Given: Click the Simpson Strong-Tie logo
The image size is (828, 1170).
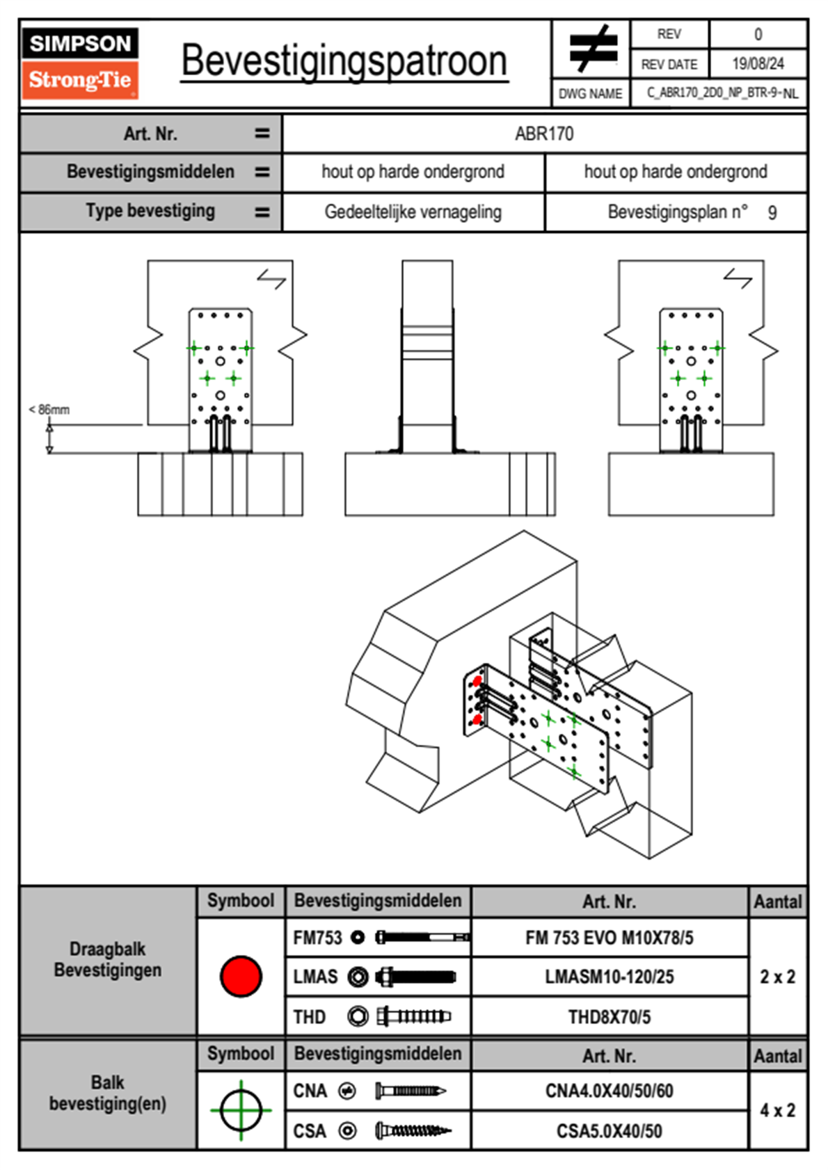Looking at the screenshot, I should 80,63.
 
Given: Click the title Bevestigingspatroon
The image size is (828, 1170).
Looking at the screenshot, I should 344,61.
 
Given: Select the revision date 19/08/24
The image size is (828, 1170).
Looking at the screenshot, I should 758,64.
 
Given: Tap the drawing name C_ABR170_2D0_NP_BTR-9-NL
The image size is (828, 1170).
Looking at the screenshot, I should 722,93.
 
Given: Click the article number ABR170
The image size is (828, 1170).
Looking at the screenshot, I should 544,134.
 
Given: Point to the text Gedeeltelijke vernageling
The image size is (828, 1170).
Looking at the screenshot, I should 413,212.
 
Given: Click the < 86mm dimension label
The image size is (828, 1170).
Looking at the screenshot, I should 49,410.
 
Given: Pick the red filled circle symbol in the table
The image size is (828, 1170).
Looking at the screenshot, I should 241,976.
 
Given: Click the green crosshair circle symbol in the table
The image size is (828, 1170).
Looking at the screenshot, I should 241,1110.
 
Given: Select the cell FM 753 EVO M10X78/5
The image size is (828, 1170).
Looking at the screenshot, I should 610,938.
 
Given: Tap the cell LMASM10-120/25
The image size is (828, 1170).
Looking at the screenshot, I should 610,977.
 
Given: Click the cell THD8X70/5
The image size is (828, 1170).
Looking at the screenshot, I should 610,1017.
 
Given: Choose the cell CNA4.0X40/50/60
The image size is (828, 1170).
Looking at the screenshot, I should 610,1091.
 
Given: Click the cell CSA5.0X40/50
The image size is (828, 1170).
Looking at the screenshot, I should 610,1131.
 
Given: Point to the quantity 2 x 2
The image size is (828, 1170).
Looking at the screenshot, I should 777,977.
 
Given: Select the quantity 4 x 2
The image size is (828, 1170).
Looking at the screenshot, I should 777,1110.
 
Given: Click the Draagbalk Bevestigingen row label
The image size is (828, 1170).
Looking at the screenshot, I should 108,959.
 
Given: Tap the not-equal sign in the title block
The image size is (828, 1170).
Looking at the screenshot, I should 592,49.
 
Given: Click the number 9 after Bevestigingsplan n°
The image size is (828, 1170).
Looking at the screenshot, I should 772,213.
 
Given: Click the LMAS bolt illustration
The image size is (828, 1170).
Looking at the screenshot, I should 415,977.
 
